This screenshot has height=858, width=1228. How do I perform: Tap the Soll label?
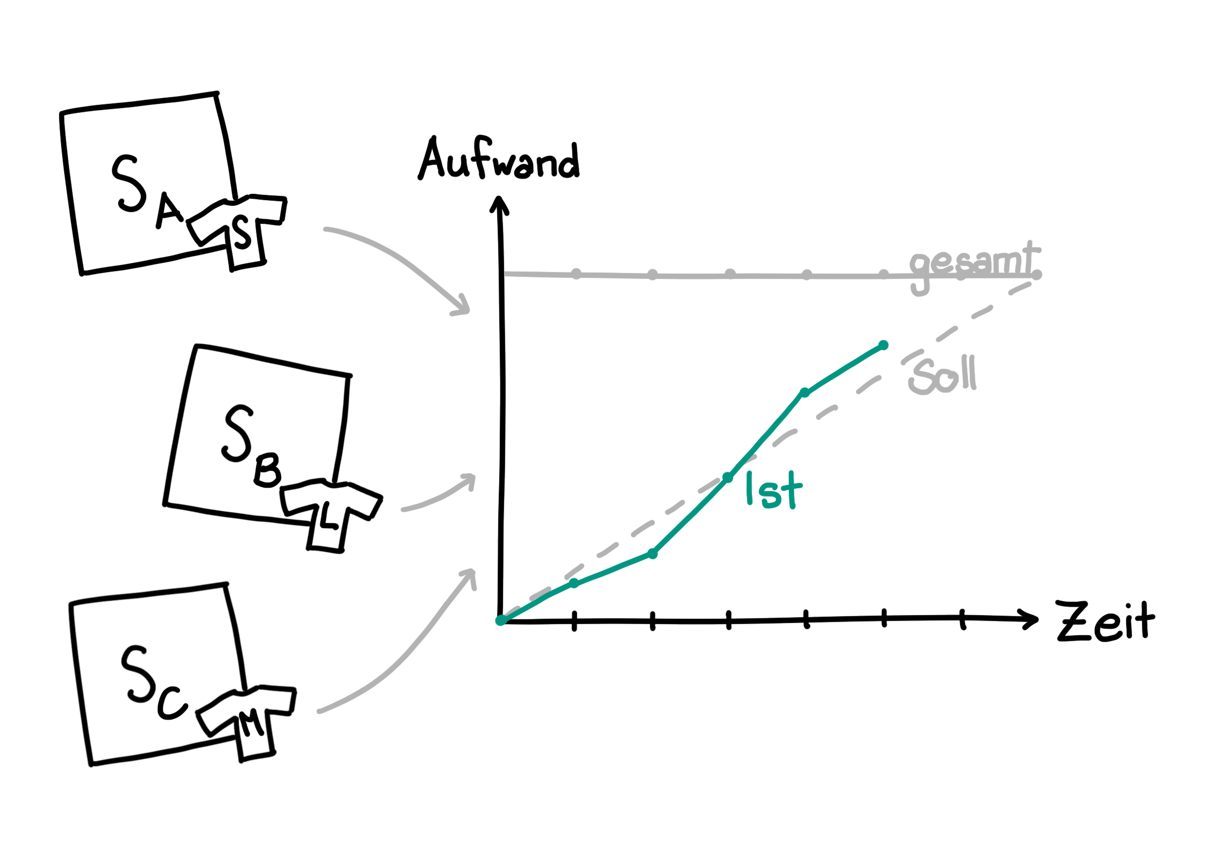point(942,377)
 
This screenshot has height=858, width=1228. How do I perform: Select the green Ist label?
point(774,490)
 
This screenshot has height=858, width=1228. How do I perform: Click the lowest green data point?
point(500,620)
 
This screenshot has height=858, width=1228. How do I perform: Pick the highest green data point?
point(883,346)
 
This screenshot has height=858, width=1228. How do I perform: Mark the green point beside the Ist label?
point(728,477)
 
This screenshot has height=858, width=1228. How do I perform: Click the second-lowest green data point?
point(574,583)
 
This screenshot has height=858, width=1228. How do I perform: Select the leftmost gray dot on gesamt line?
point(575,274)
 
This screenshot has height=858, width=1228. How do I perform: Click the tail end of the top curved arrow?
point(324,229)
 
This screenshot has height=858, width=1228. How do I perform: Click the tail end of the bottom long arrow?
point(319,711)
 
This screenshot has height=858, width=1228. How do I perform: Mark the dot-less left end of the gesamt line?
point(506,274)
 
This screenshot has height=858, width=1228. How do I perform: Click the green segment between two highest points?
point(844,370)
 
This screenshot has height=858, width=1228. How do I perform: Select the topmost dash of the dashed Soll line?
point(1020,288)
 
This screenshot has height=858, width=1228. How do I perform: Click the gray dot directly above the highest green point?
point(883,274)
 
